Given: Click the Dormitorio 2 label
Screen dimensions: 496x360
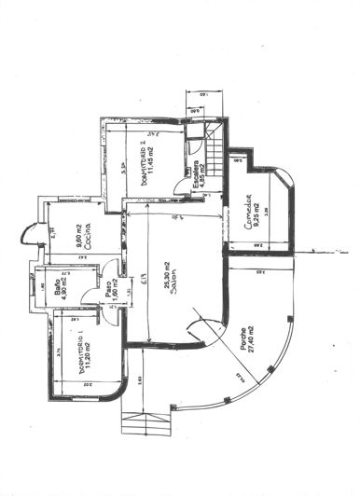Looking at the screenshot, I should tap(145, 166).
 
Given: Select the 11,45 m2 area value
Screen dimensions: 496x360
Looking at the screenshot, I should tap(158, 166).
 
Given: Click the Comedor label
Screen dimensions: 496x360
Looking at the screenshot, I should tap(249, 214).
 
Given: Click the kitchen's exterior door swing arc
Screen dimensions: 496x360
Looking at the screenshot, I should tap(32, 233).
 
